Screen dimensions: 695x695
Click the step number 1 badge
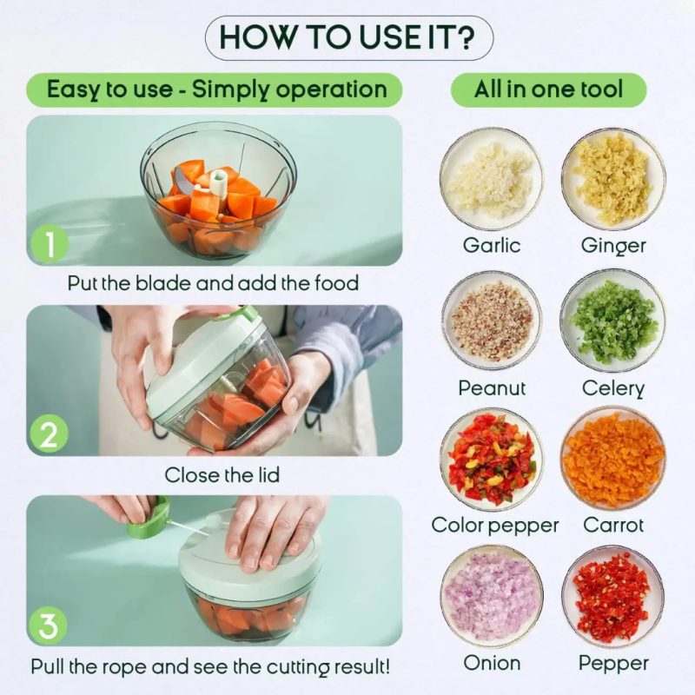click(x=50, y=243)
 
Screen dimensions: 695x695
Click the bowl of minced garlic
click(x=492, y=179)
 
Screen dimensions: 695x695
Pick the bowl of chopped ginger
click(x=613, y=179)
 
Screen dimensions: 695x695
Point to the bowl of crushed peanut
click(x=492, y=321)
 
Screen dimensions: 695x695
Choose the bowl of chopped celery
click(x=613, y=321)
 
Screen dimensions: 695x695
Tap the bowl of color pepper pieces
click(x=492, y=460)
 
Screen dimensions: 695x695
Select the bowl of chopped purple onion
click(x=492, y=597)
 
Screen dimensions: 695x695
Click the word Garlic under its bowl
click(x=492, y=245)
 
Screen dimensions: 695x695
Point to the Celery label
click(x=613, y=388)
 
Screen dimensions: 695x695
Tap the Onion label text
click(x=492, y=663)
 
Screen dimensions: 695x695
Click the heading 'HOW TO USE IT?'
click(x=349, y=37)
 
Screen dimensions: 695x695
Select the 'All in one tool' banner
click(x=549, y=89)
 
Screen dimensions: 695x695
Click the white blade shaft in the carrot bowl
click(x=219, y=184)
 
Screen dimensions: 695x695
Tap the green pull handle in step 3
click(x=149, y=519)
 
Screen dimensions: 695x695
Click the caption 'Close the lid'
click(x=222, y=475)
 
